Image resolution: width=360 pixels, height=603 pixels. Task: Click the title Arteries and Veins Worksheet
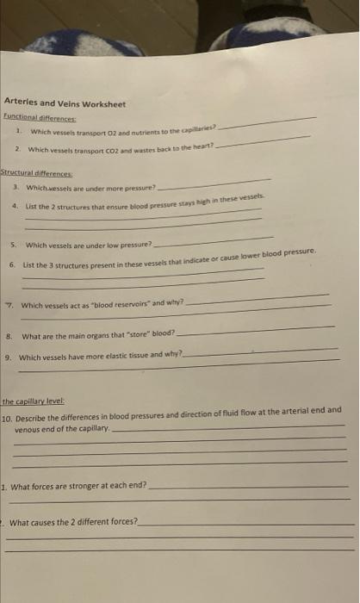point(65,104)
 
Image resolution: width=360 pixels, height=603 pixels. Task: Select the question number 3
point(18,187)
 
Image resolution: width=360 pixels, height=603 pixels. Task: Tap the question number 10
point(8,414)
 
